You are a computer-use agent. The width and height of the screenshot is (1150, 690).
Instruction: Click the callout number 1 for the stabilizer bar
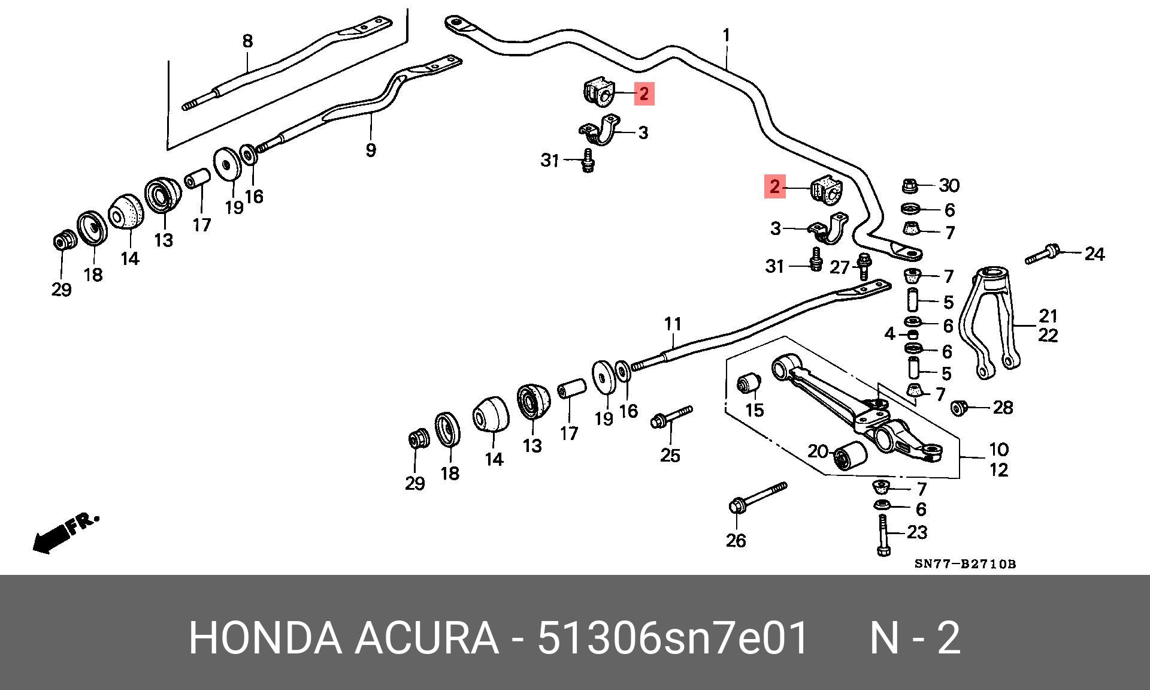[727, 35]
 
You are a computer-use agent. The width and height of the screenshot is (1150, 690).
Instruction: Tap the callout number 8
[247, 41]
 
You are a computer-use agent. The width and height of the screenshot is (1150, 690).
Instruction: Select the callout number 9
[371, 150]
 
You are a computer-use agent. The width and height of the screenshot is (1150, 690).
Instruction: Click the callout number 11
[673, 324]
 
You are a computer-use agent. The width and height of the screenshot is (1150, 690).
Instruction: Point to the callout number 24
[1094, 254]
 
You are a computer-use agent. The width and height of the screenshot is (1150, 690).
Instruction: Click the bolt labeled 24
[1045, 254]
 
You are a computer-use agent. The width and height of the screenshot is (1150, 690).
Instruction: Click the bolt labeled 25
[671, 417]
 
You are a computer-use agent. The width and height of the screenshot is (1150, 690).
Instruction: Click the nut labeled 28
[959, 408]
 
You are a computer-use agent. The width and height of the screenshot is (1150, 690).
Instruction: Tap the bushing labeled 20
[850, 457]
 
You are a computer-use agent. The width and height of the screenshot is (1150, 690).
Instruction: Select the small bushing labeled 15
[749, 383]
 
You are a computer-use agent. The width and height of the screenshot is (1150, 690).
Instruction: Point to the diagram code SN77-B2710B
[965, 564]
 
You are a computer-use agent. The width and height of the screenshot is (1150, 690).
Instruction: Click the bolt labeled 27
[864, 267]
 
